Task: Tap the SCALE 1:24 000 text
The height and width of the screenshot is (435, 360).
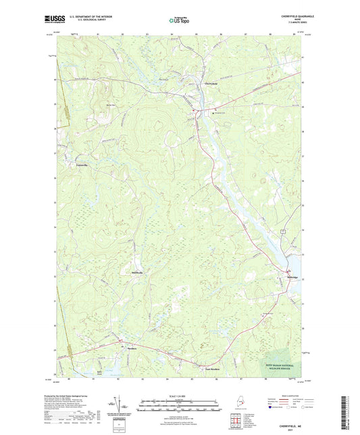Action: [x=180, y=395]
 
